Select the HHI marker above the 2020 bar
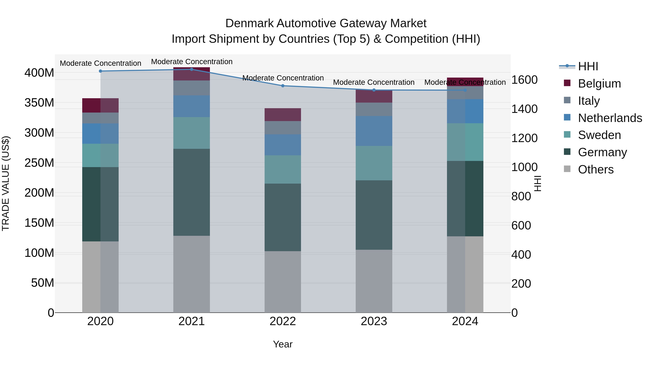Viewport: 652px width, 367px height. (101, 71)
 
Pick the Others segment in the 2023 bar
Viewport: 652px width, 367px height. (374, 281)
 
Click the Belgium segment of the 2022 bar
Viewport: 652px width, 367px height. (283, 115)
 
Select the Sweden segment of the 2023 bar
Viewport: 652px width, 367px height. (374, 163)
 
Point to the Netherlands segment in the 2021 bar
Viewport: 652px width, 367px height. (192, 106)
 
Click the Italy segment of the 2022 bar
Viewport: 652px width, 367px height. (283, 128)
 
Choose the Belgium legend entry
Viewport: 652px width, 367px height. (599, 83)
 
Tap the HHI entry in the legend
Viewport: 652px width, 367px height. (588, 66)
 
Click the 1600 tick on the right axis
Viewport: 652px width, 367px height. (524, 80)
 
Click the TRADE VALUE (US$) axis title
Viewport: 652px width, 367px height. (6, 183)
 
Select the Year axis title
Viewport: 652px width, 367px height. (283, 344)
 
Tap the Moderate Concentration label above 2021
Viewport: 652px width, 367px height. (192, 62)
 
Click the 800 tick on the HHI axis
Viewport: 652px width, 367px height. (521, 196)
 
